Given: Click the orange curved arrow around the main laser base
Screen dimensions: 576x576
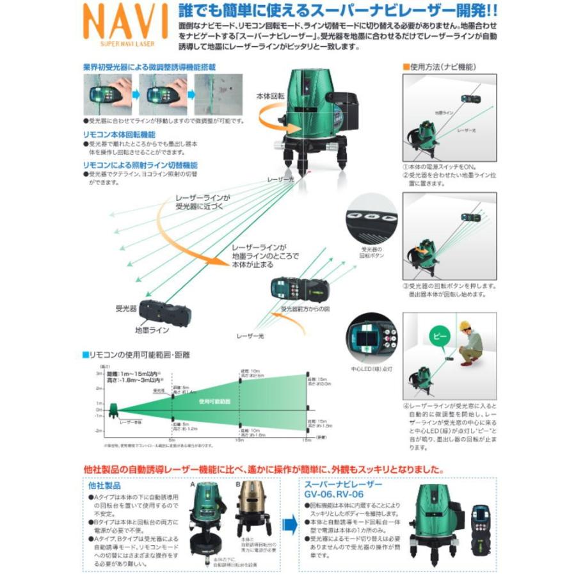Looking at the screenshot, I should pos(269,118).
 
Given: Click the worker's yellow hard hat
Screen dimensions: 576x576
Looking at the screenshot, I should pos(465,326).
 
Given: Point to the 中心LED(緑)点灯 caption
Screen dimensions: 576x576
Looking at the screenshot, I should pos(369,368).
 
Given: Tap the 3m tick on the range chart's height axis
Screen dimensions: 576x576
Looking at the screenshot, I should pos(100,372).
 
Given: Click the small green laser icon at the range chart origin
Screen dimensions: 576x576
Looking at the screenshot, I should pos(114,409).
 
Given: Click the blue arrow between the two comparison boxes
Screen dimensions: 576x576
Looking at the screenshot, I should pos(291,525).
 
